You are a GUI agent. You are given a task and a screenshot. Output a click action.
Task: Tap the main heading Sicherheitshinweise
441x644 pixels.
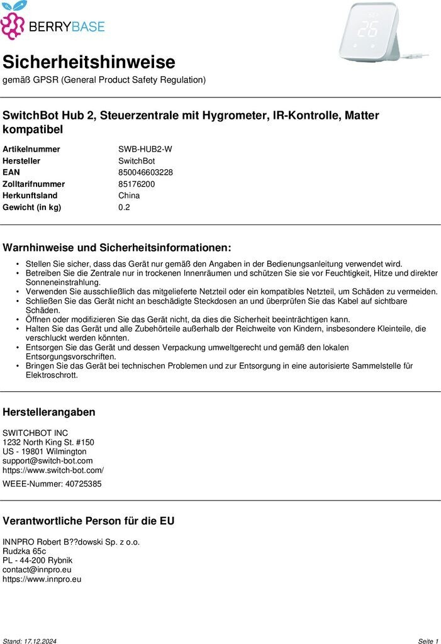click(89, 62)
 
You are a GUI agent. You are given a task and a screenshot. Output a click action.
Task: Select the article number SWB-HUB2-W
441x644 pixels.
click(145, 149)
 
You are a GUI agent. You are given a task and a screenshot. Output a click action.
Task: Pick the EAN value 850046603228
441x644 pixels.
click(145, 172)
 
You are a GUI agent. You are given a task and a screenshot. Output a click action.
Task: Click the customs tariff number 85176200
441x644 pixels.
click(137, 184)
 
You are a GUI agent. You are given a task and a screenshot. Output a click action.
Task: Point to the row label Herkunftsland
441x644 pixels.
click(30, 196)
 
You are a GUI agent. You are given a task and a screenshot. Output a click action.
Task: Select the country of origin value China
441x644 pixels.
click(129, 196)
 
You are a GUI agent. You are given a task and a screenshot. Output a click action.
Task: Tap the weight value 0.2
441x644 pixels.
click(124, 208)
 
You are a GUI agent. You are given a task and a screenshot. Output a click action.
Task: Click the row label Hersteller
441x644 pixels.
click(21, 161)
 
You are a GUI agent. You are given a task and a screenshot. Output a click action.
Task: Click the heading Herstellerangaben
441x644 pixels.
click(49, 413)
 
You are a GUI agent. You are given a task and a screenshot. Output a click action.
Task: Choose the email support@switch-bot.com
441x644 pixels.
click(47, 461)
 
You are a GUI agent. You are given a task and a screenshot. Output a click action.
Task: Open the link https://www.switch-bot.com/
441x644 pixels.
click(53, 470)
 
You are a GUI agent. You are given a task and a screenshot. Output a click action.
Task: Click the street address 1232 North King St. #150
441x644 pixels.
click(48, 442)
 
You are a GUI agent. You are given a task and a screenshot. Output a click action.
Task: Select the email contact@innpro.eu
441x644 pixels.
click(36, 570)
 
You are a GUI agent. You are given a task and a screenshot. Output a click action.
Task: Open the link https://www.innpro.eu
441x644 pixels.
click(42, 579)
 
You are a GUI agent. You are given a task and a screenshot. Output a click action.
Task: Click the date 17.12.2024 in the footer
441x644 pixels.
click(41, 641)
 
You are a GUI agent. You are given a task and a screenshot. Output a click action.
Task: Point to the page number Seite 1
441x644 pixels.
click(428, 641)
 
